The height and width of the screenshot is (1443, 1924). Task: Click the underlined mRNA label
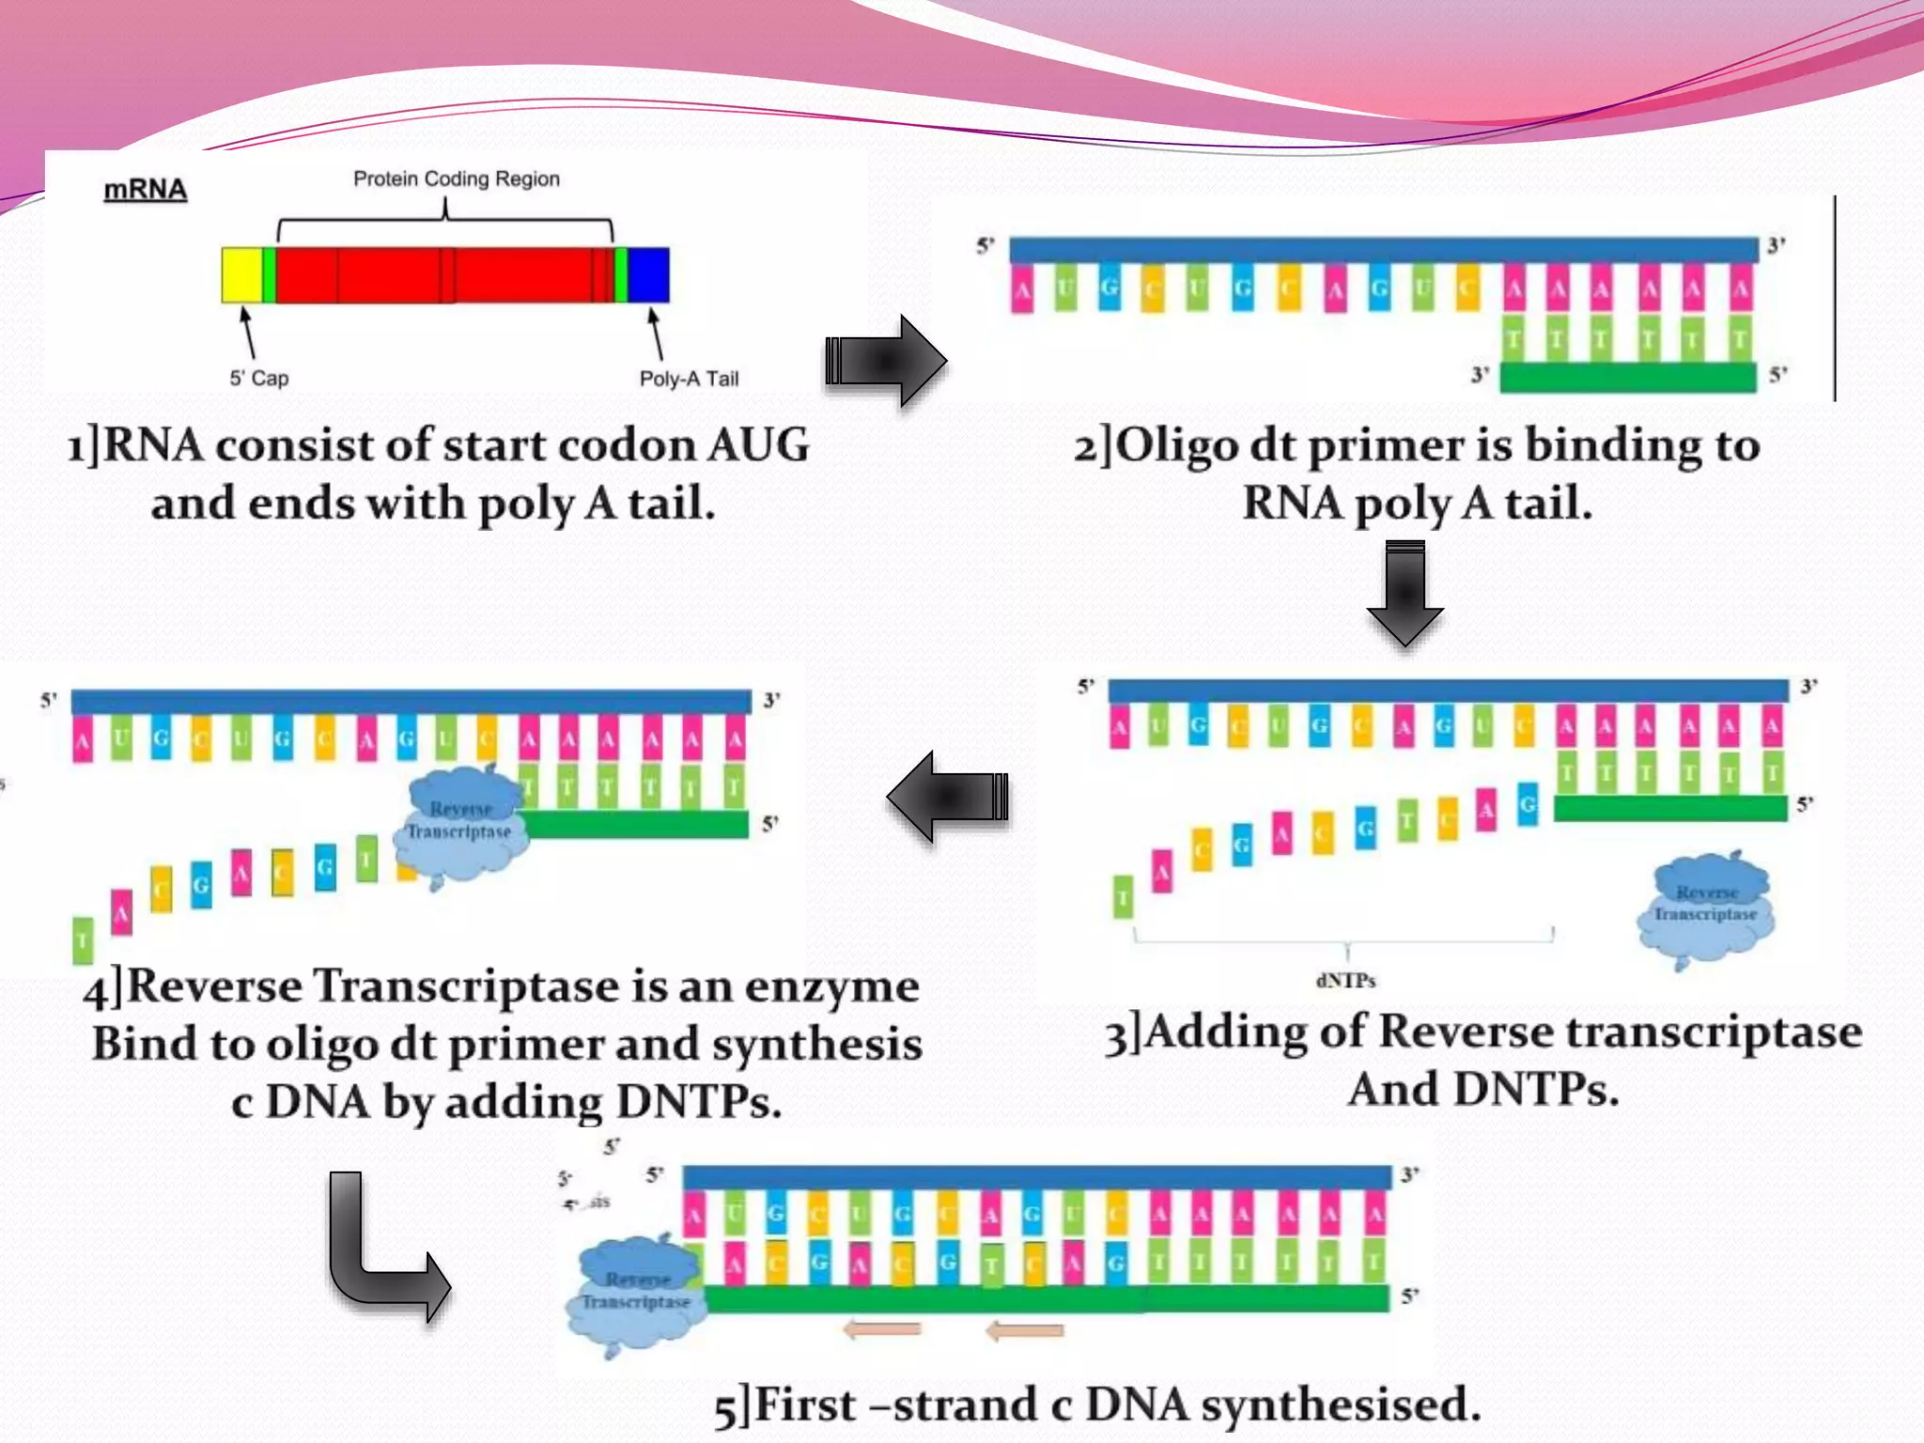pyautogui.click(x=145, y=190)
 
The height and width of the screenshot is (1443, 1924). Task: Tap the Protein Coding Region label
pyautogui.click(x=457, y=178)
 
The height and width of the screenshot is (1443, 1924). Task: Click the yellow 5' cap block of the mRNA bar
pyautogui.click(x=241, y=275)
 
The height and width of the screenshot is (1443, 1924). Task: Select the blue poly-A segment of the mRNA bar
pyautogui.click(x=648, y=275)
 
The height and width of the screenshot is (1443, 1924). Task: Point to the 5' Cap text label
pyautogui.click(x=259, y=379)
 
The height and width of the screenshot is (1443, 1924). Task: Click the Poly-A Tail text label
pyautogui.click(x=689, y=379)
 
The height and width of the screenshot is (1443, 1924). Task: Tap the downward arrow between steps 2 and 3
pyautogui.click(x=1405, y=593)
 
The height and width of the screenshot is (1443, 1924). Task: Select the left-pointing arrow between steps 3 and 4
pyautogui.click(x=947, y=797)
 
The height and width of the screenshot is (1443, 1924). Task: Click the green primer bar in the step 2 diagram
pyautogui.click(x=1628, y=378)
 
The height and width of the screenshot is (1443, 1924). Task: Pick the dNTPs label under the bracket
pyautogui.click(x=1345, y=981)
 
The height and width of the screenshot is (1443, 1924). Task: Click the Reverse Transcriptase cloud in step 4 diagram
pyautogui.click(x=460, y=822)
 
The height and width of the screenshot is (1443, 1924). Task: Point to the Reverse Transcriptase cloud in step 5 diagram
pyautogui.click(x=637, y=1293)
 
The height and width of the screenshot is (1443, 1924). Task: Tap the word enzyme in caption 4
pyautogui.click(x=831, y=986)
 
